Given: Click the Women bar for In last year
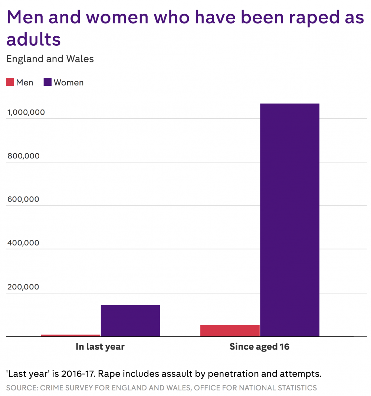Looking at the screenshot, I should tap(130, 321).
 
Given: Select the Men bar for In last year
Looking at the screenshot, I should tap(70, 336).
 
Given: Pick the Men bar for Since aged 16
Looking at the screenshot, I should tap(230, 331).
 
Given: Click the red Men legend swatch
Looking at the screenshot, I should tap(10, 82).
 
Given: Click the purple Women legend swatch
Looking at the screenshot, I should tap(47, 82).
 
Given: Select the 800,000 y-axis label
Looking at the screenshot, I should tap(23, 156).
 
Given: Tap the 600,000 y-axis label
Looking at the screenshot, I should tap(23, 199).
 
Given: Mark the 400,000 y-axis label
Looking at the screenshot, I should tap(23, 243).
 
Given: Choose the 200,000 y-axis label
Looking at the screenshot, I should tap(23, 287).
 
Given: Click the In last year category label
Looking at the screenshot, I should tap(100, 347).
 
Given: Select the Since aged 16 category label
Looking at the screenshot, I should tap(259, 347).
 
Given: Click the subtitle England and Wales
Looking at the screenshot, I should tap(50, 59).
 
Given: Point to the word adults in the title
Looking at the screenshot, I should tap(33, 39).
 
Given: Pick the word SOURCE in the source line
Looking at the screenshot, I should tap(21, 388).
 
